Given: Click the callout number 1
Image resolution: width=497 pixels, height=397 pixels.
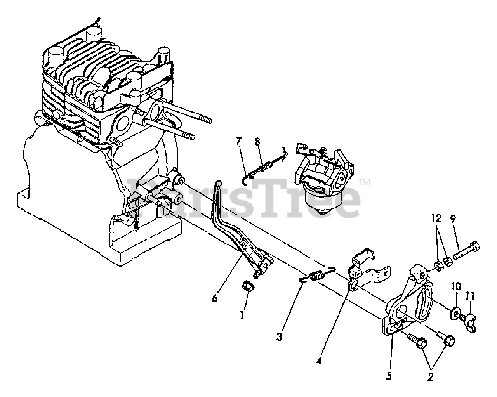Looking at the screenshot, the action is click(x=242, y=316).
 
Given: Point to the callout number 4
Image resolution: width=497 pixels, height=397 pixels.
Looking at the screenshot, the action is click(x=319, y=361).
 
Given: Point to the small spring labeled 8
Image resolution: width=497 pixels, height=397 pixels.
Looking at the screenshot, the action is click(x=264, y=168).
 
